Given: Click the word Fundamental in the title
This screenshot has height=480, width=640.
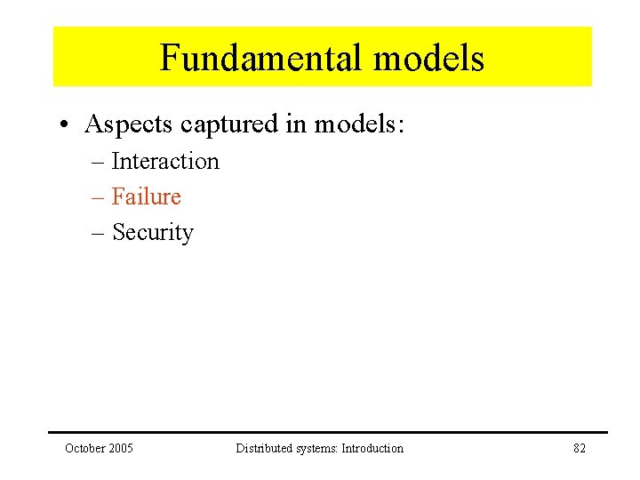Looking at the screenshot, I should [262, 59].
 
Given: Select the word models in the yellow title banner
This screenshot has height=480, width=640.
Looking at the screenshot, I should [428, 59].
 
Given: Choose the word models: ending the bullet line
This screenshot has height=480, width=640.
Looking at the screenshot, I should [359, 125].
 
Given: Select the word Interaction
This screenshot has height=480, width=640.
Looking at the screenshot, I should [165, 162].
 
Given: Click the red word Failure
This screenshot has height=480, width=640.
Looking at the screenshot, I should [147, 196].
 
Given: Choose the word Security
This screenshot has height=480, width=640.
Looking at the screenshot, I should [153, 233].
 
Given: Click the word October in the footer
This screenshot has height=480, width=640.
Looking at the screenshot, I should [85, 448].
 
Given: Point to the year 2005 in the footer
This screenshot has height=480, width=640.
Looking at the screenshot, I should [120, 448].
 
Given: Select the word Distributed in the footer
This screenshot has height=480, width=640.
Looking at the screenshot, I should [263, 448].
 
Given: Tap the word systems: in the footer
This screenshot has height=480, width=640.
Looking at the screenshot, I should [316, 448].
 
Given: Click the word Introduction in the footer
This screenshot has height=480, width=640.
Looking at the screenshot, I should [372, 448].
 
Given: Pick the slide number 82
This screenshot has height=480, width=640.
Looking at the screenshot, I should [580, 448].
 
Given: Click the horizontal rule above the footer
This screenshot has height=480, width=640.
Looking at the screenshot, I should [329, 433].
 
